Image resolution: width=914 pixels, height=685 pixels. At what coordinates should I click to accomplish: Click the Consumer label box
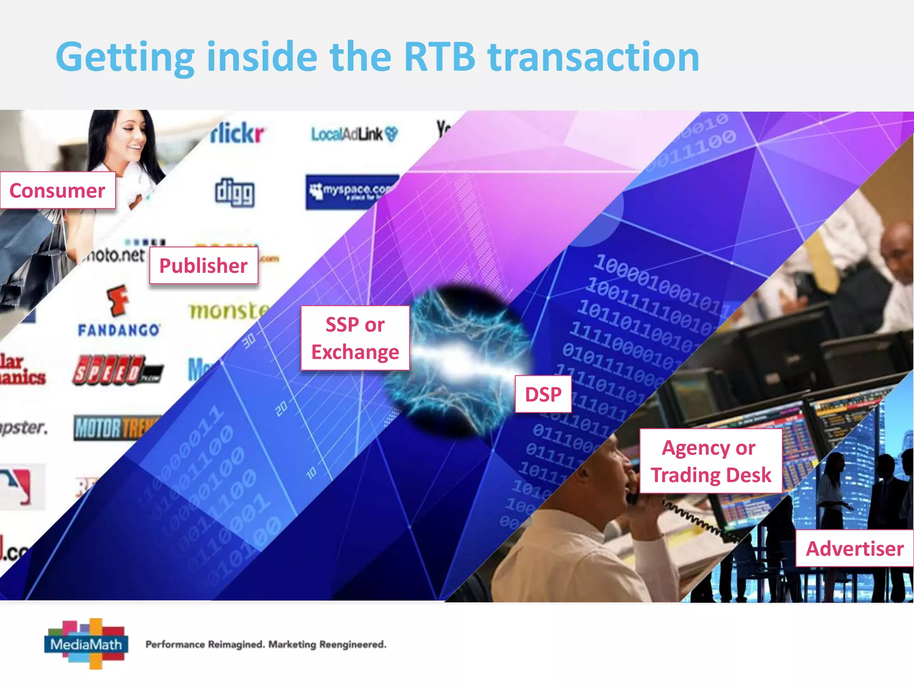[x=58, y=190]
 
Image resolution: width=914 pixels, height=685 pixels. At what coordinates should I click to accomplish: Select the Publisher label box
[x=204, y=265]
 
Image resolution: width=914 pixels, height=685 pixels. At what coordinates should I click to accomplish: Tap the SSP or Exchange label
[x=355, y=338]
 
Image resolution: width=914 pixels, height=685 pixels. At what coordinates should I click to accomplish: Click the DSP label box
[x=543, y=394]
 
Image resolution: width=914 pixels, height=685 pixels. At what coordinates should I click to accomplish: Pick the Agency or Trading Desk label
[x=710, y=461]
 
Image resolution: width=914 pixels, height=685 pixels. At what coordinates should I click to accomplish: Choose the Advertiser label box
[x=854, y=548]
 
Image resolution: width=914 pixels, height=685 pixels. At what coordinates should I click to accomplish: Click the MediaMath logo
[x=87, y=644]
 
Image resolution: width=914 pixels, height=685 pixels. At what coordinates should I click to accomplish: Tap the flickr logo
[x=237, y=133]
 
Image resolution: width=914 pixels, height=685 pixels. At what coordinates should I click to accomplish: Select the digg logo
[x=235, y=192]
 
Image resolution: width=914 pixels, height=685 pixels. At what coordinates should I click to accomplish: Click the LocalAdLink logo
[x=354, y=134]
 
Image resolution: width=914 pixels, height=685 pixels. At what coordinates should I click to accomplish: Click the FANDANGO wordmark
[x=119, y=330]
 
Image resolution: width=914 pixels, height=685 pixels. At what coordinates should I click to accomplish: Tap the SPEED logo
[x=117, y=370]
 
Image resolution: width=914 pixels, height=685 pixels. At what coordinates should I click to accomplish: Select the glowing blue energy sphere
[x=457, y=361]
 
